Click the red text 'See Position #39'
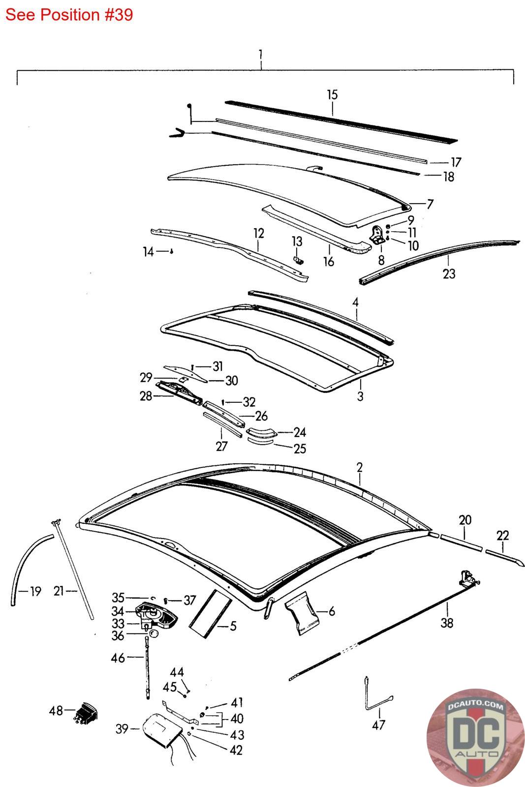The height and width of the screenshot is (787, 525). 69,15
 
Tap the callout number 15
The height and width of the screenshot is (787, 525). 332,94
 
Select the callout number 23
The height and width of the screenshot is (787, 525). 449,273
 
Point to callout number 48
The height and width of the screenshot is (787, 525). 56,710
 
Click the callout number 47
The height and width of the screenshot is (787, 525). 379,725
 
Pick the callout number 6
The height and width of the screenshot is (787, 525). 332,611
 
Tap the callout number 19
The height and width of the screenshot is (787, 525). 35,591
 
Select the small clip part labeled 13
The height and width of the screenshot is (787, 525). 299,259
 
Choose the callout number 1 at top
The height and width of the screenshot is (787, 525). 261,53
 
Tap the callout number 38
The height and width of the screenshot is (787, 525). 447,623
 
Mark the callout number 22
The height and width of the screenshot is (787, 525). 502,535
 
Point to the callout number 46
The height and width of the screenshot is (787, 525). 119,657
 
